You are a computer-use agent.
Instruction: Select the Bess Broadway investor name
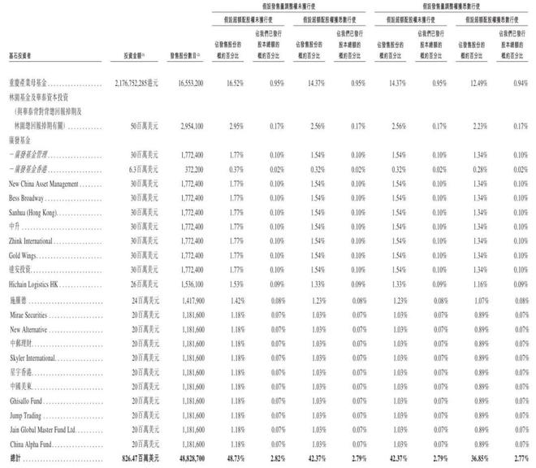[26, 198]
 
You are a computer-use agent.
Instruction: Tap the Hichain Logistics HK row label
[35, 287]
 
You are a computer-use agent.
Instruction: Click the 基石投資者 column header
[23, 56]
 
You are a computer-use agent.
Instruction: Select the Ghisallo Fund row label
[28, 401]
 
